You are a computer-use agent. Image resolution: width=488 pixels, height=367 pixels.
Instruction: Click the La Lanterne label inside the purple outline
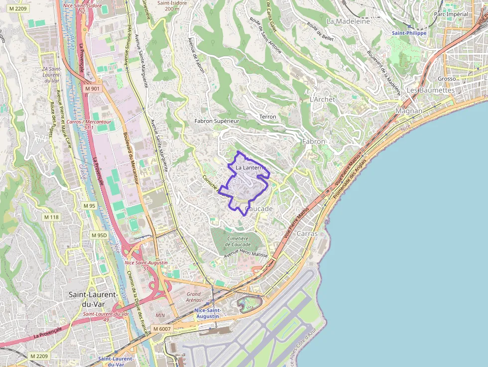tap(248, 168)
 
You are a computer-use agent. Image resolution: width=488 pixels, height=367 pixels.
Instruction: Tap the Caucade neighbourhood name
tap(259, 209)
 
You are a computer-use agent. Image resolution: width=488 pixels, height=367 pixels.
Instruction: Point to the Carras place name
tap(307, 234)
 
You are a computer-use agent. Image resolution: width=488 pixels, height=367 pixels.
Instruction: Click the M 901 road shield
tap(92, 89)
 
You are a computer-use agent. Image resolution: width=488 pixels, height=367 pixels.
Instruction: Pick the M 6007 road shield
tap(162, 329)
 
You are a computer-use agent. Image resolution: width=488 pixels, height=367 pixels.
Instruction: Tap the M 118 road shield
tap(51, 217)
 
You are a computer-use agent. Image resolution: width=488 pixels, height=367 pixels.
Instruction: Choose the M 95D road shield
tap(99, 235)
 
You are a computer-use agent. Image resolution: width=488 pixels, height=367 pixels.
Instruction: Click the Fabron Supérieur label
tap(217, 121)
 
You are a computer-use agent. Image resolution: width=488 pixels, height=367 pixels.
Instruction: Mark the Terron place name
tap(267, 117)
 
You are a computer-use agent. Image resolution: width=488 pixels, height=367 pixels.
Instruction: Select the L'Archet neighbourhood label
tap(322, 99)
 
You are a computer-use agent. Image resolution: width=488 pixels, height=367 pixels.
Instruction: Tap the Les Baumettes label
tap(431, 90)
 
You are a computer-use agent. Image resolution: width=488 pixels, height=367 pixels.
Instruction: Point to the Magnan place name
tap(409, 111)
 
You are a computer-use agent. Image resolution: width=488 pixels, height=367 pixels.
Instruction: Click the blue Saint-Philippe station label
tap(409, 33)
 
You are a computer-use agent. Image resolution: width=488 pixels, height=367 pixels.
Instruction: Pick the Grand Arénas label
tap(194, 297)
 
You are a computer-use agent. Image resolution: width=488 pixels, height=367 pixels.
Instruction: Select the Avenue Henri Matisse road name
tap(245, 255)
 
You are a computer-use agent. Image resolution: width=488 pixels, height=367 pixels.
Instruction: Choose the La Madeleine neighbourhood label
tap(348, 21)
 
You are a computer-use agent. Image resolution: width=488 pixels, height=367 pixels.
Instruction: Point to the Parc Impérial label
tap(451, 14)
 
